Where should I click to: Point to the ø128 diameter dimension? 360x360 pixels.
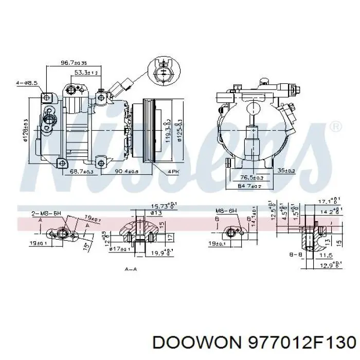25,129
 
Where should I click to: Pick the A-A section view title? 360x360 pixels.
131,268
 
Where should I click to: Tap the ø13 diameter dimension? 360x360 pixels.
142,212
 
